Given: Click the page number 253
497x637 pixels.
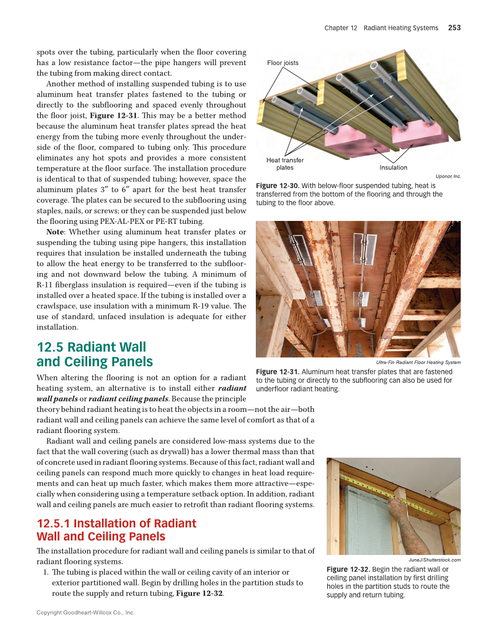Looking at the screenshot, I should (x=454, y=28).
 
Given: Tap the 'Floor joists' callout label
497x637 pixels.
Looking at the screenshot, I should (x=282, y=63).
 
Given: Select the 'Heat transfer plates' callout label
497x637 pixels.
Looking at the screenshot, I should (x=285, y=164).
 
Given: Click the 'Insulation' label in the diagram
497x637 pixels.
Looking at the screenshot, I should (x=393, y=168).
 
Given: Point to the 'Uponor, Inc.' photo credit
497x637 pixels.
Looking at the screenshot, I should (x=448, y=176).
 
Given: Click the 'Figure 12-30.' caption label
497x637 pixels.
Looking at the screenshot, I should (x=277, y=186).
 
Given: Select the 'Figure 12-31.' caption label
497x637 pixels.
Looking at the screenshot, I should (x=277, y=372).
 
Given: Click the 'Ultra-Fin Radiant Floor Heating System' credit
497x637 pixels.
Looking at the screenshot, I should (x=418, y=362).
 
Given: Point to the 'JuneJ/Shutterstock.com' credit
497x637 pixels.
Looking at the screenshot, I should (x=434, y=560).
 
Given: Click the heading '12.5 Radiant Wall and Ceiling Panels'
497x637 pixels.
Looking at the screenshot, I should (x=94, y=355).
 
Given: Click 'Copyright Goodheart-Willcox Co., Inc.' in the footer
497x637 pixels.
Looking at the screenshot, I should (x=85, y=613).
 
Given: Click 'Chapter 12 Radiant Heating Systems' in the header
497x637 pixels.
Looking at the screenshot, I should (x=381, y=28).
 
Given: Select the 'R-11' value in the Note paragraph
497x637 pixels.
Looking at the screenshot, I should (x=46, y=284).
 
